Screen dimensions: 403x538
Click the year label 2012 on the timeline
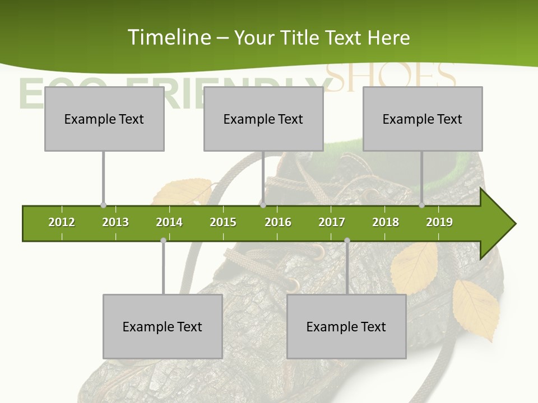[62, 222]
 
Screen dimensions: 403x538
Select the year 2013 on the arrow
[115, 222]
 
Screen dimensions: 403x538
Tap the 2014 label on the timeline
[169, 222]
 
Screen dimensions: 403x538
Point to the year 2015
[223, 222]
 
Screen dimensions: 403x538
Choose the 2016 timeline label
[278, 222]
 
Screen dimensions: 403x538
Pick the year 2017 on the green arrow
[332, 222]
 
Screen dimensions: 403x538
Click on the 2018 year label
[386, 222]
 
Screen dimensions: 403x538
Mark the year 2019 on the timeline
[439, 222]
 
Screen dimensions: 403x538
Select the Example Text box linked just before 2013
[104, 119]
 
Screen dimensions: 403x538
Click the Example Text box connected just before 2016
[263, 119]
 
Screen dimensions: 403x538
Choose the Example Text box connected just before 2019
[423, 119]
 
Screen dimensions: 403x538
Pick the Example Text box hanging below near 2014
[163, 327]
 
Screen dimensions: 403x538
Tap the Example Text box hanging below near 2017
[346, 327]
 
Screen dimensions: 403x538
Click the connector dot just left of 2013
[103, 205]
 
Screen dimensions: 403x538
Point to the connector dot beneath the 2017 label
[347, 241]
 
